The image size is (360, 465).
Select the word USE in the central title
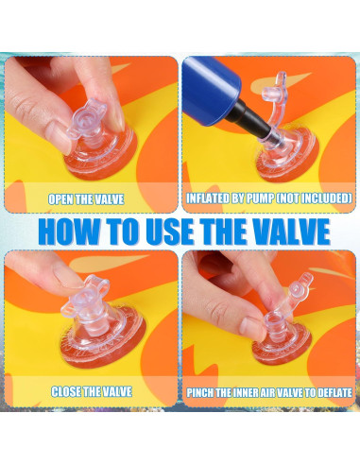coord(170,232)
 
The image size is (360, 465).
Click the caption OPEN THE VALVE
coord(86,199)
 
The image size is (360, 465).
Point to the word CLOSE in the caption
coord(66,391)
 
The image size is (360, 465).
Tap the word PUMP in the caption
coord(260,198)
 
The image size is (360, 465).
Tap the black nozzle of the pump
coord(248,117)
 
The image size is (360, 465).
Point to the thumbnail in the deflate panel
coord(251,327)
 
